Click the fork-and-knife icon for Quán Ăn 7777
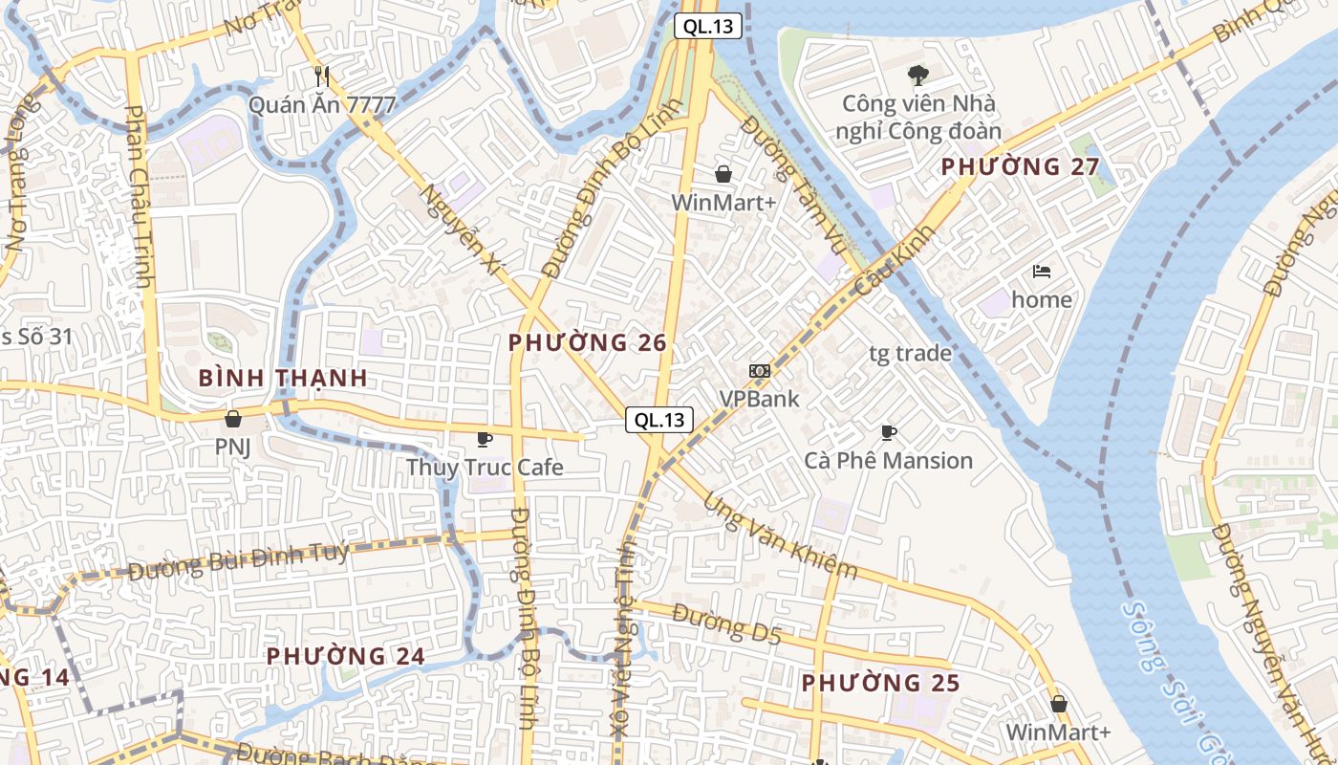coord(322,76)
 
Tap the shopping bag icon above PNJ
coord(232,418)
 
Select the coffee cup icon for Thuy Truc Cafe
coord(485,439)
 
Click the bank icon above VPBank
coord(759,370)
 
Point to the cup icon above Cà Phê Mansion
coord(889,432)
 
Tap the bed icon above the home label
coord(1042,272)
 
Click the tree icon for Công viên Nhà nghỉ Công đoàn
coord(917,75)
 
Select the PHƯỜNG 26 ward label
coord(587,342)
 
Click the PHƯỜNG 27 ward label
coord(1020,167)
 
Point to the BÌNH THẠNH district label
coord(283,378)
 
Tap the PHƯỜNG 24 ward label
coord(345,657)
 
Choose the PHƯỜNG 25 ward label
coord(880,684)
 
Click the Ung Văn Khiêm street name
coord(780,536)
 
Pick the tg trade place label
coord(910,354)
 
